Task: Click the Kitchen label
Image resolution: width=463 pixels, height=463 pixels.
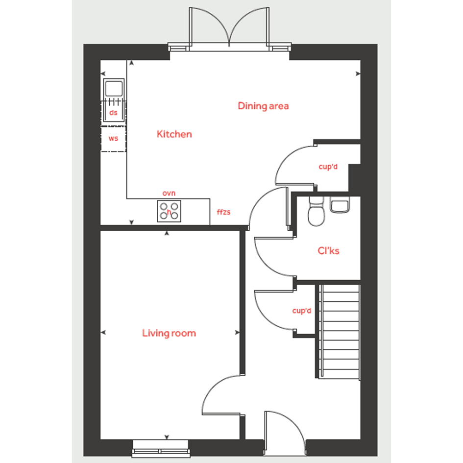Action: (174, 134)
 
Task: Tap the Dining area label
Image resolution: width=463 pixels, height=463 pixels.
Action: (263, 106)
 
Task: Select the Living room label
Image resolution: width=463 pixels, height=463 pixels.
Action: (169, 333)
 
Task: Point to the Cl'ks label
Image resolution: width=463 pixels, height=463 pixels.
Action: (328, 251)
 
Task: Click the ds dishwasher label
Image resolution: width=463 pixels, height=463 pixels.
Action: (113, 113)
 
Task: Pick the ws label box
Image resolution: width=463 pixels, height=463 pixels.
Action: (113, 139)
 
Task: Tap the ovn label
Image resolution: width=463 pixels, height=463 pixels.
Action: (169, 193)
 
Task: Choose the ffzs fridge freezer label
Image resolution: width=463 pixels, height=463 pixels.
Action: (223, 212)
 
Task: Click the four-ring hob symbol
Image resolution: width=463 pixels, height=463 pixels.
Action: (169, 211)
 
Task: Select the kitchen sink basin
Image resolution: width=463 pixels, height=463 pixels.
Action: (114, 88)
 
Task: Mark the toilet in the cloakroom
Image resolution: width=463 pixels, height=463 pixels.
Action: (316, 211)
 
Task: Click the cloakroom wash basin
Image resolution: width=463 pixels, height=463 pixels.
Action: (340, 205)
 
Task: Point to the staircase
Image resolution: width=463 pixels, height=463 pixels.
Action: (339, 332)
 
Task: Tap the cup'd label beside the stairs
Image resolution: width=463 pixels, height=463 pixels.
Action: (301, 311)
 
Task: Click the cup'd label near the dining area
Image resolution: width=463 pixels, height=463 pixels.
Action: (328, 167)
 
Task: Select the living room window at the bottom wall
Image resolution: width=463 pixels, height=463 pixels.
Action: (161, 448)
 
